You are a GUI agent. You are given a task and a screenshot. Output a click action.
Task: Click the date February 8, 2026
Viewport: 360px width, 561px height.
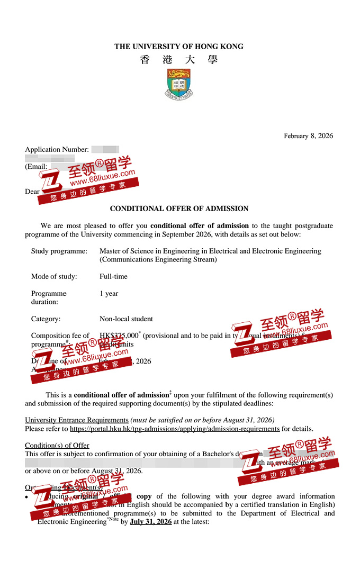point(308,136)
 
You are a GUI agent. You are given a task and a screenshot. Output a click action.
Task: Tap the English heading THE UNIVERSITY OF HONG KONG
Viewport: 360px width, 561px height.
point(179,47)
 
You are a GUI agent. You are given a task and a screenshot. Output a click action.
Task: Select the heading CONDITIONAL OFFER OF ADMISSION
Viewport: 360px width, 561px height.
point(179,209)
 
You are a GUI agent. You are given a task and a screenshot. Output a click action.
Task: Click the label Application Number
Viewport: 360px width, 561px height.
point(57,150)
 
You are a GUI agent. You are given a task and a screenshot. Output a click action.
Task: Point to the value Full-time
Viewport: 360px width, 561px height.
point(113,276)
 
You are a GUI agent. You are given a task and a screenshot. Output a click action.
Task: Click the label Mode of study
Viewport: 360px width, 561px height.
point(54,276)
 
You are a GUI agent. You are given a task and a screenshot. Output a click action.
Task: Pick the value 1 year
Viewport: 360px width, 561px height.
point(109,293)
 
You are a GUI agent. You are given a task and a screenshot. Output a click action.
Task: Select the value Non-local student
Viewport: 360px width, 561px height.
point(126,319)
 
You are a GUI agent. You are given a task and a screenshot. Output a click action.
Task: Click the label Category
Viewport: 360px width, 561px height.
point(46,319)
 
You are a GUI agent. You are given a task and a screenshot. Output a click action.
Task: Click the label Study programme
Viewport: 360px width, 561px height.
point(59,251)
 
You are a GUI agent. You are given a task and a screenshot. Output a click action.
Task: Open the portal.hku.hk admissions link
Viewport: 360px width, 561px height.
point(175,429)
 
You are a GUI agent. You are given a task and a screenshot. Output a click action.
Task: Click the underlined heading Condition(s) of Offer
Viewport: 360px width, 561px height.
point(57,445)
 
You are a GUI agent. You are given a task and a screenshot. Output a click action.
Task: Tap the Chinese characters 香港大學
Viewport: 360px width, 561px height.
point(179,60)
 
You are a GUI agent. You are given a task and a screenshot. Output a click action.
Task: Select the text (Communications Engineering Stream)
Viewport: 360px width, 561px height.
point(158,259)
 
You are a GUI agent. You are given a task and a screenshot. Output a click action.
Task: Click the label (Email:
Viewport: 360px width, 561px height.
point(36,166)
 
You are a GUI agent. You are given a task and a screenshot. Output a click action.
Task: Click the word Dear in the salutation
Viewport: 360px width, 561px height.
point(32,192)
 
